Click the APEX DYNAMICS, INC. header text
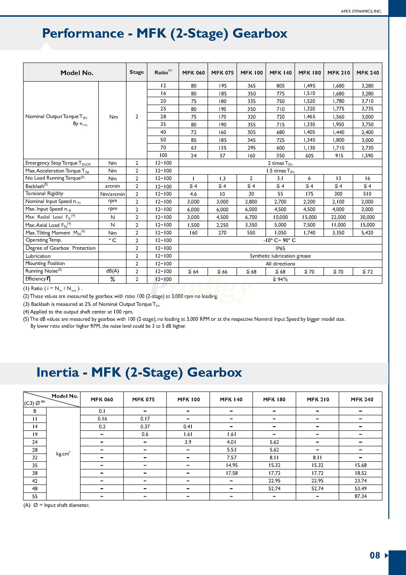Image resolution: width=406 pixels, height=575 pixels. coord(361,11)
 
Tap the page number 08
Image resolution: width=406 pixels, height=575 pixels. coord(375,555)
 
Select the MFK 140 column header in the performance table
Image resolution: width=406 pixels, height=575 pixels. coord(280,73)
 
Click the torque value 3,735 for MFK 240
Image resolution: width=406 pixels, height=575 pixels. coord(367,109)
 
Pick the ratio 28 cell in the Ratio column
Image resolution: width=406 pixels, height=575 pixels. coord(163,117)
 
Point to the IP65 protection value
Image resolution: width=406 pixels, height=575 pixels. coord(280,248)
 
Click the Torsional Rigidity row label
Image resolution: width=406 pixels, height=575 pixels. coord(44,194)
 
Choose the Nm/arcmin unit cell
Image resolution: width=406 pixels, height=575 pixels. coord(112,194)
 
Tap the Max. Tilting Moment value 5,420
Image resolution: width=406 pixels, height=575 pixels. coord(367,233)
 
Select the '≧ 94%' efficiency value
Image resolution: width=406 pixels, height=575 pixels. coord(280,279)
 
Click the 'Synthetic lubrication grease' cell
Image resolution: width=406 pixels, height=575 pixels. coord(280,256)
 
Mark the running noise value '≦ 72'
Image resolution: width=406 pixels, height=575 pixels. coord(367,271)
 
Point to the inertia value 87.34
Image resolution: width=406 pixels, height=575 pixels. coord(361,496)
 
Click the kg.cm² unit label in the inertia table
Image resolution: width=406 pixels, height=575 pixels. coord(63,453)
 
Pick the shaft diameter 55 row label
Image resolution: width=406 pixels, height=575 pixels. coord(35,496)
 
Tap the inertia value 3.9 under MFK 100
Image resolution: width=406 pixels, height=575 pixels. coord(188,442)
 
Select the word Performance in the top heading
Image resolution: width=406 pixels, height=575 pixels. coord(83,33)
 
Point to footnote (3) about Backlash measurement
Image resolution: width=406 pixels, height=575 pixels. coord(92,304)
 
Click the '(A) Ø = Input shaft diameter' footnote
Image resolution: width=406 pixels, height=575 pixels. coord(56,505)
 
